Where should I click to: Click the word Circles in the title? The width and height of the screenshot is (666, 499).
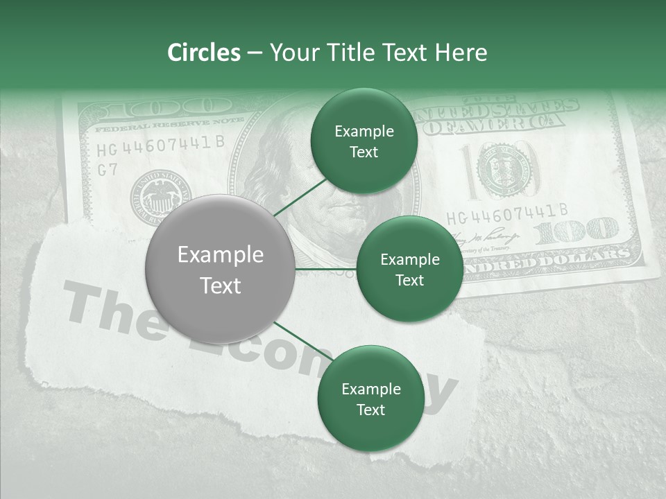click(203, 53)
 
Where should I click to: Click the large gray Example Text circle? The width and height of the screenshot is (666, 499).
click(221, 270)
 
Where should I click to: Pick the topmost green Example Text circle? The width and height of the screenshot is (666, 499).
click(364, 141)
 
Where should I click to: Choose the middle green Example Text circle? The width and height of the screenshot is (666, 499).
click(410, 269)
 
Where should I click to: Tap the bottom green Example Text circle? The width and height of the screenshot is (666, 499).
click(370, 399)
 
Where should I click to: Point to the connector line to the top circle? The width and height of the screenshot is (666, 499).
click(302, 196)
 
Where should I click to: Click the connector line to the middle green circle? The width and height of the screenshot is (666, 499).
click(325, 269)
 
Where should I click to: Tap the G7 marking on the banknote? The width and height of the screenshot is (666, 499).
click(108, 170)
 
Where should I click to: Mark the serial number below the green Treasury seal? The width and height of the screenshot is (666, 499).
click(507, 211)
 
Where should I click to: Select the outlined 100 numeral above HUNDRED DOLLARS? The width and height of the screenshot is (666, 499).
click(575, 231)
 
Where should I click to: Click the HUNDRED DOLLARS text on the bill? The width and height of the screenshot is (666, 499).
click(548, 263)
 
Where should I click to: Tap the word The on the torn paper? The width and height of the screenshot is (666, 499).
click(111, 308)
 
